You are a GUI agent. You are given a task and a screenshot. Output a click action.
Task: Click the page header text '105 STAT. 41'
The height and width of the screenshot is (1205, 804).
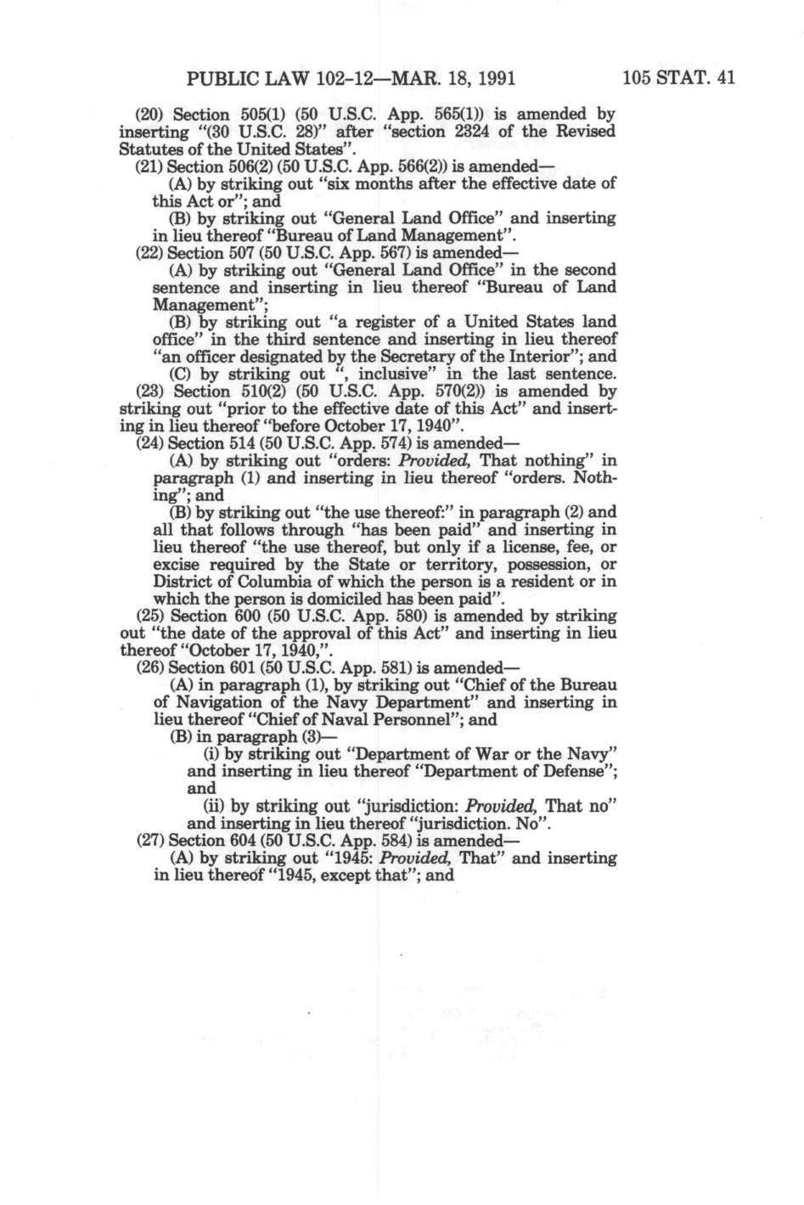[x=677, y=79]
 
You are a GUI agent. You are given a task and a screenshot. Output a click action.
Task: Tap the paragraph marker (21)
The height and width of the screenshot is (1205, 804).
[x=149, y=166]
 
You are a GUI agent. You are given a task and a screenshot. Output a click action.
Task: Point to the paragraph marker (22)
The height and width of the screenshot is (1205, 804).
[x=149, y=252]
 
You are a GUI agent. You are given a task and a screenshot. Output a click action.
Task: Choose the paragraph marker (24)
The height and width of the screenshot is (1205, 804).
[x=149, y=443]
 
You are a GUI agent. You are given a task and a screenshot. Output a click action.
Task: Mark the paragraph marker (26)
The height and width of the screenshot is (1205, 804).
[x=149, y=667]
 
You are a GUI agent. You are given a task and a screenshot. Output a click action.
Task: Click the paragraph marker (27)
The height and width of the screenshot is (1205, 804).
[x=149, y=841]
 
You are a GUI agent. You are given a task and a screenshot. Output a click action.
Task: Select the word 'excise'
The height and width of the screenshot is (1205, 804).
[x=177, y=565]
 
